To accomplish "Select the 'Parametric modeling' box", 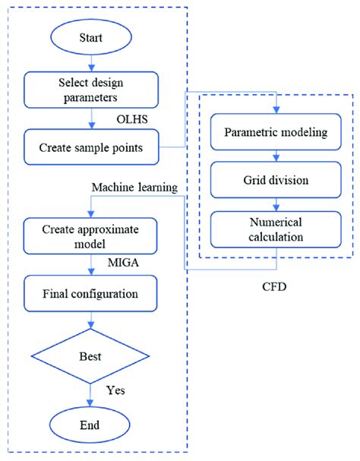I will (x=276, y=133).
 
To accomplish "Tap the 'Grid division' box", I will (x=276, y=182).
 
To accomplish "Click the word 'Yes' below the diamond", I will (x=115, y=391).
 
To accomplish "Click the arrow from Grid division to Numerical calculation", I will (x=276, y=206).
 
